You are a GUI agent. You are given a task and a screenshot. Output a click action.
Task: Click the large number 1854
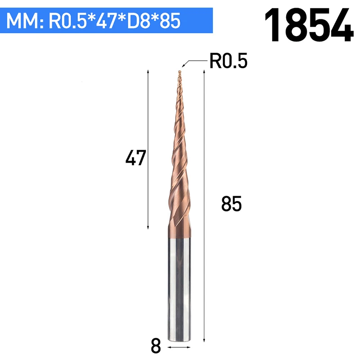tap(309, 25)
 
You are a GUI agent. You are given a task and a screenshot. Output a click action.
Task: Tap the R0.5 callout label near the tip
tap(229, 61)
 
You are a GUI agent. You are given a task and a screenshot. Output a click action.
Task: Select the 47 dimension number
tap(136, 157)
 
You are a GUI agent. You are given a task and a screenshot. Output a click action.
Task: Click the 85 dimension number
tap(231, 203)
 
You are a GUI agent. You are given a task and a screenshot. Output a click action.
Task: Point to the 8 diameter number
tap(156, 346)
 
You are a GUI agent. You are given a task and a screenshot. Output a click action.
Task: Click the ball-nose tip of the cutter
tap(180, 72)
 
